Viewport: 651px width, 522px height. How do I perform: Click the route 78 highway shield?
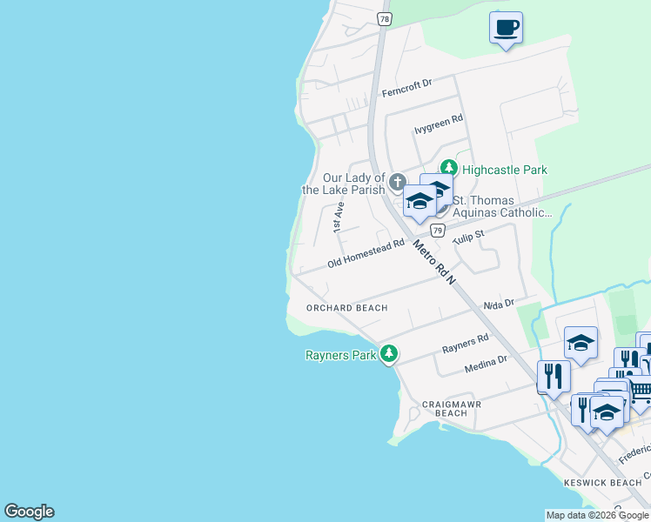[x=384, y=18]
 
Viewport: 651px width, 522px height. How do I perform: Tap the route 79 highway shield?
[x=438, y=231]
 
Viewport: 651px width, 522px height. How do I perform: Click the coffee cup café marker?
[x=506, y=28]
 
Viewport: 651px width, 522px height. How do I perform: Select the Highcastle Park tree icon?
[x=448, y=169]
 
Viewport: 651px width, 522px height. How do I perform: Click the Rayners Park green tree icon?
[x=390, y=354]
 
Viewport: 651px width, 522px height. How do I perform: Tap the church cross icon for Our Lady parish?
[x=398, y=183]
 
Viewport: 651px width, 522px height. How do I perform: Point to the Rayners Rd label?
[x=466, y=344]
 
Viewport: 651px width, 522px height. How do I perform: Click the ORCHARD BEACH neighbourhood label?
[x=346, y=308]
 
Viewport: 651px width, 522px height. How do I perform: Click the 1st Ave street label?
[x=339, y=217]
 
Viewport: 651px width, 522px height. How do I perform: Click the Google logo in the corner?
[x=29, y=512]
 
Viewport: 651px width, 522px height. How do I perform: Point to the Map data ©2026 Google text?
[x=597, y=515]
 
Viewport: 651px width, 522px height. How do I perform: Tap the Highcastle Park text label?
[x=505, y=170]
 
